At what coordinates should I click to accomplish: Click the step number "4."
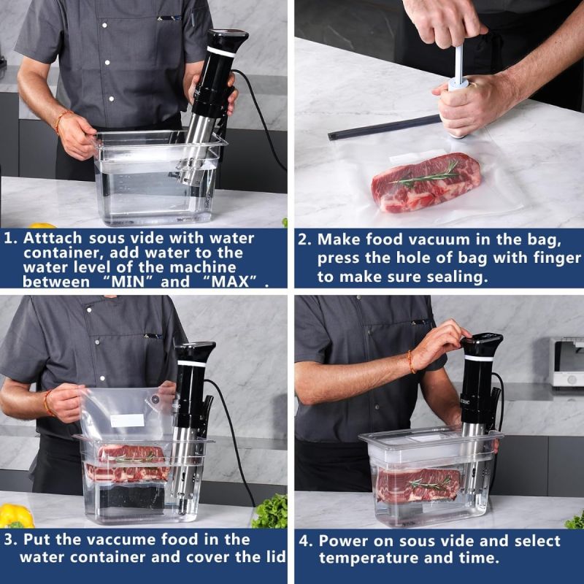tap(305, 542)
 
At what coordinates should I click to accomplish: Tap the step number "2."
tap(305, 239)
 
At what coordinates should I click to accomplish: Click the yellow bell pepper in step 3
tap(15, 515)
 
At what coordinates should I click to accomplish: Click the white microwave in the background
tap(568, 361)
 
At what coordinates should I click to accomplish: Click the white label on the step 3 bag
tap(127, 420)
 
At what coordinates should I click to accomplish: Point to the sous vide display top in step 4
tap(482, 339)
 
